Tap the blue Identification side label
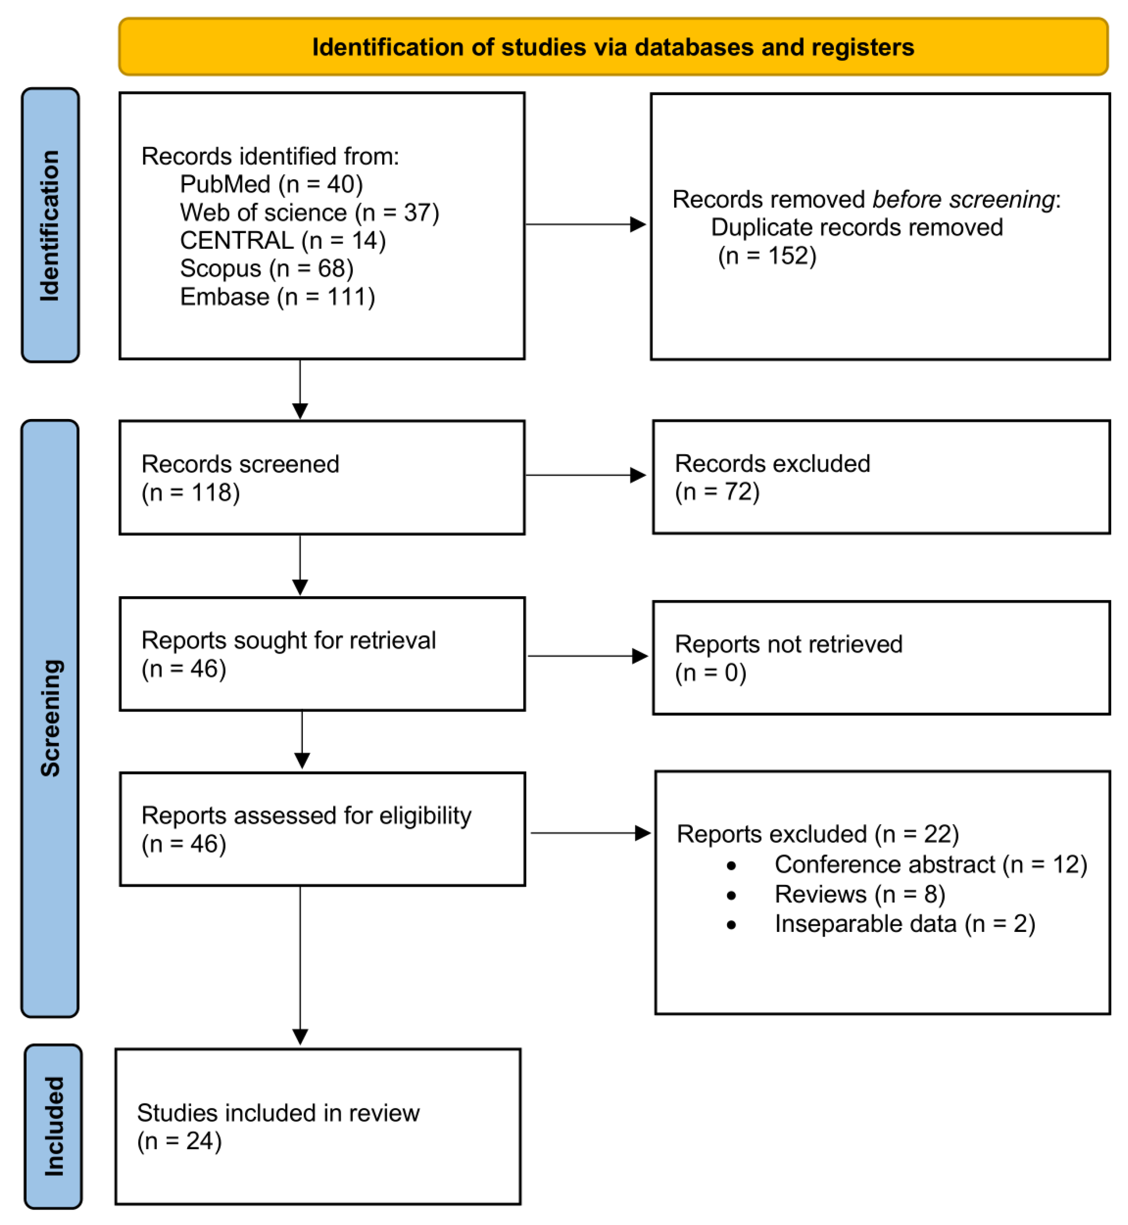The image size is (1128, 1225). pyautogui.click(x=50, y=225)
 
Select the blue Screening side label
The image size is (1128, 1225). pyautogui.click(x=50, y=718)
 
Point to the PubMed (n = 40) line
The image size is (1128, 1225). pyautogui.click(x=271, y=184)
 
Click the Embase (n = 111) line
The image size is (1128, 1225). pyautogui.click(x=277, y=297)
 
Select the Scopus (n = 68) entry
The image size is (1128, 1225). pyautogui.click(x=266, y=268)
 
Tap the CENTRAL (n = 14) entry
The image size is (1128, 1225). pyautogui.click(x=283, y=241)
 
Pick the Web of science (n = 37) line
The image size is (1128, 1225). pyautogui.click(x=309, y=212)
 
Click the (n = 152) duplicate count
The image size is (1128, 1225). pyautogui.click(x=767, y=256)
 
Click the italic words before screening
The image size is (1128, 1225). pyautogui.click(x=964, y=200)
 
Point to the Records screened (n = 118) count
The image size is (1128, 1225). pyautogui.click(x=190, y=492)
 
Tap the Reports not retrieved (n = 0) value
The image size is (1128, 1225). pyautogui.click(x=710, y=673)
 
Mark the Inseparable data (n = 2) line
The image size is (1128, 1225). pyautogui.click(x=905, y=924)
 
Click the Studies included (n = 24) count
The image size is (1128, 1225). pyautogui.click(x=179, y=1141)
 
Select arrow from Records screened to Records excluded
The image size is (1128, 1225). pyautogui.click(x=585, y=475)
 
